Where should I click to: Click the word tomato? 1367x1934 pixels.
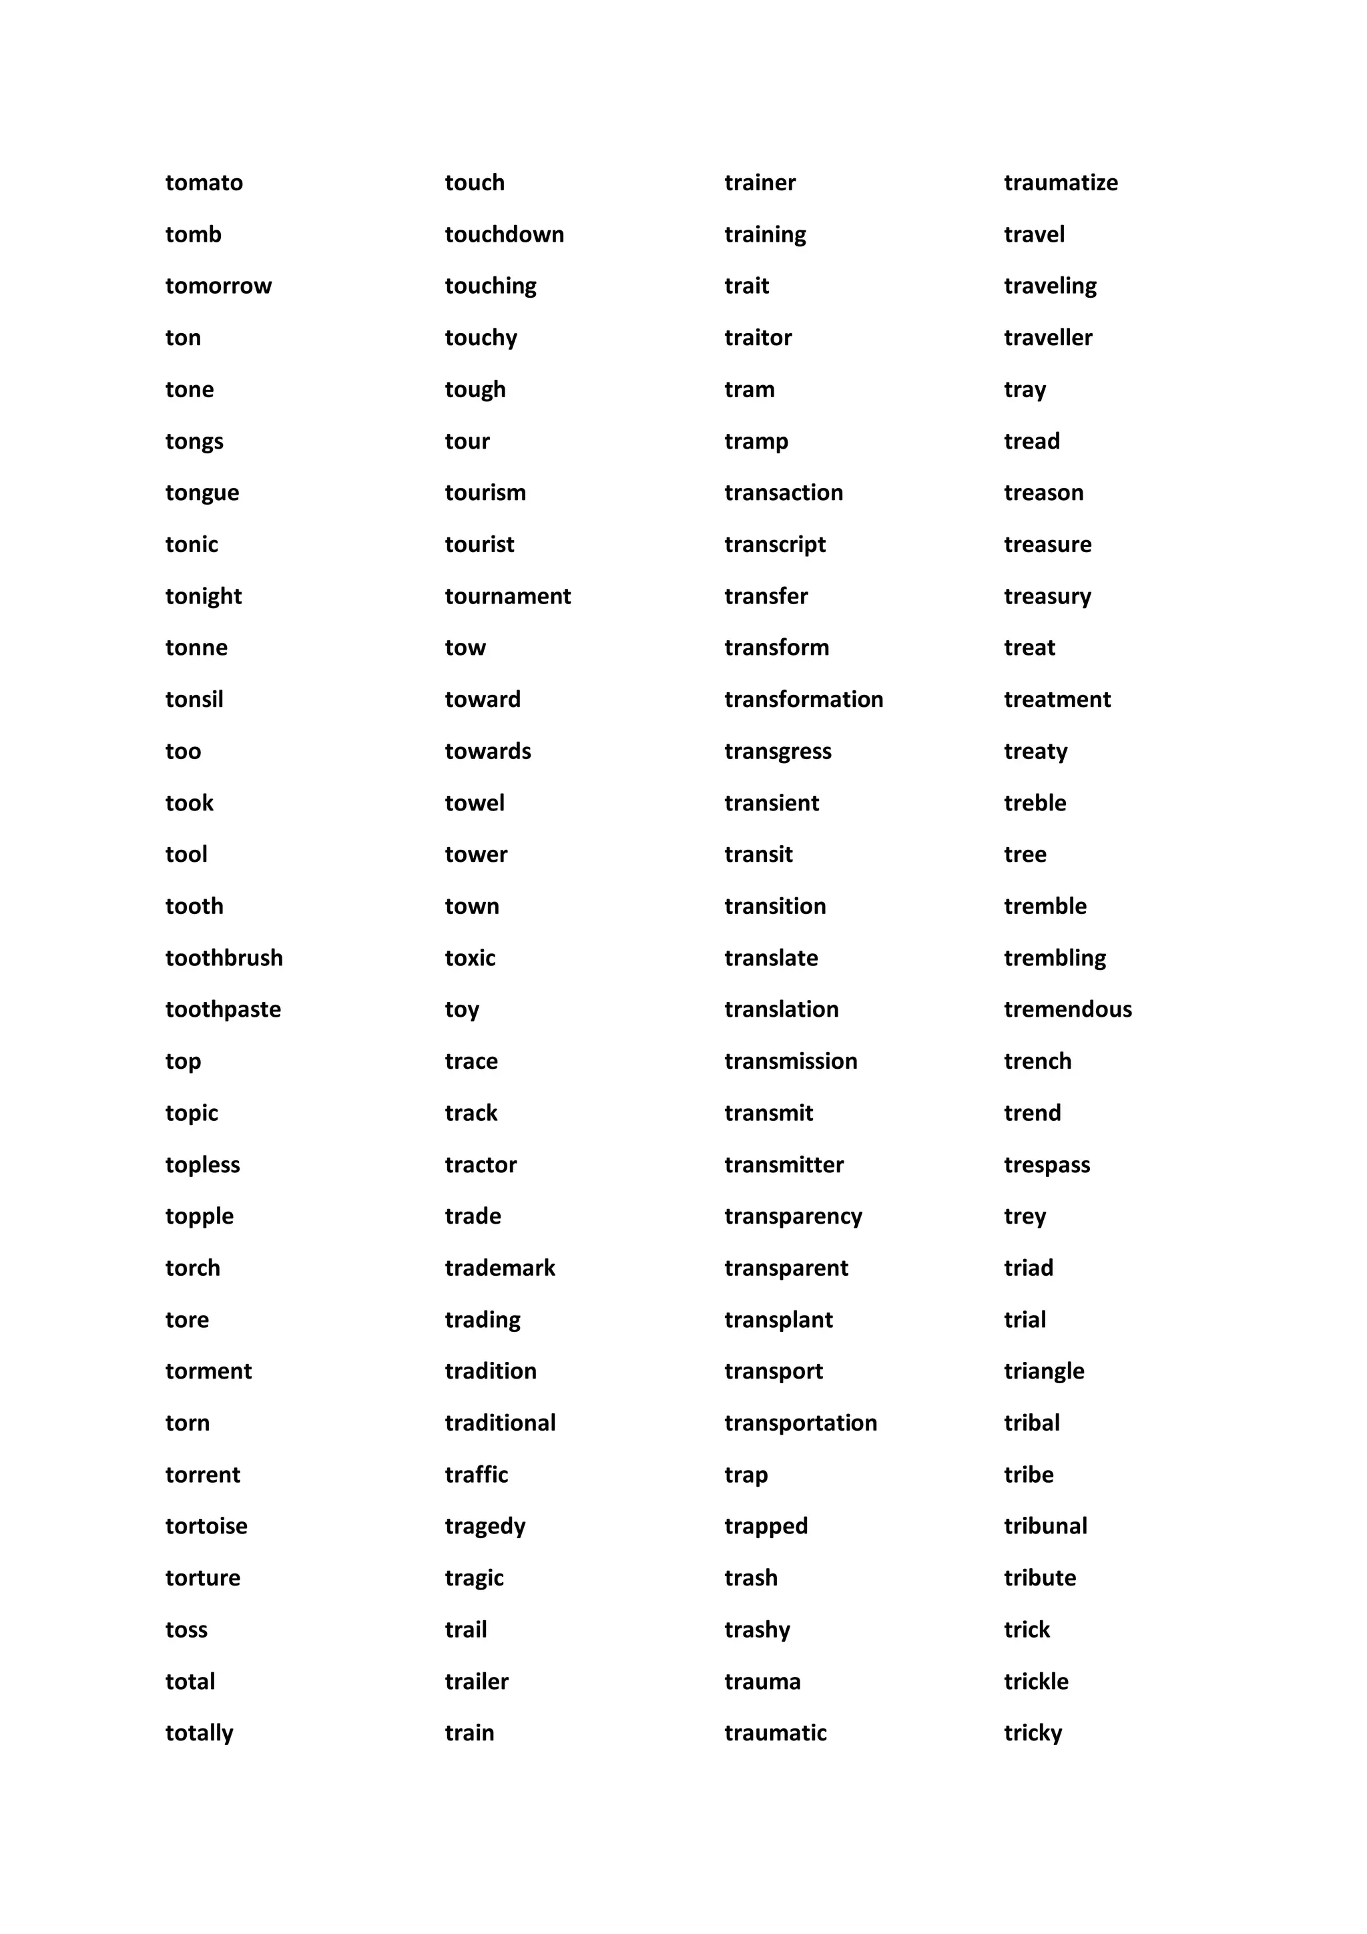[x=204, y=183]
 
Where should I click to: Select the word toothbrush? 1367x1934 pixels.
[x=224, y=958]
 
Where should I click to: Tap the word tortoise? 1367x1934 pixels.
[x=206, y=1526]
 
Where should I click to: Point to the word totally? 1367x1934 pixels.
[x=200, y=1734]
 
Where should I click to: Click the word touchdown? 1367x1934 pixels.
[x=505, y=234]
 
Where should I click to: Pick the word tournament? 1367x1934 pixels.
[x=508, y=596]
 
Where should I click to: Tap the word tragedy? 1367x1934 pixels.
[x=485, y=1526]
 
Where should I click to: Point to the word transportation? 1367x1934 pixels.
[x=801, y=1423]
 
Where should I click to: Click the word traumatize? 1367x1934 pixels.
[x=1061, y=183]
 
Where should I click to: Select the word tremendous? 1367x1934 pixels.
[x=1068, y=1009]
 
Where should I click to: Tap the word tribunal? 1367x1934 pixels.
[x=1045, y=1526]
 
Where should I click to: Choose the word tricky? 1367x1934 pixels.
[x=1033, y=1734]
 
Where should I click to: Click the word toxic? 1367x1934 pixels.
[x=470, y=958]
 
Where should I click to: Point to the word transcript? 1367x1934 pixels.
[x=775, y=545]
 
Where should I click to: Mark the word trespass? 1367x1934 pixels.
[x=1047, y=1165]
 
